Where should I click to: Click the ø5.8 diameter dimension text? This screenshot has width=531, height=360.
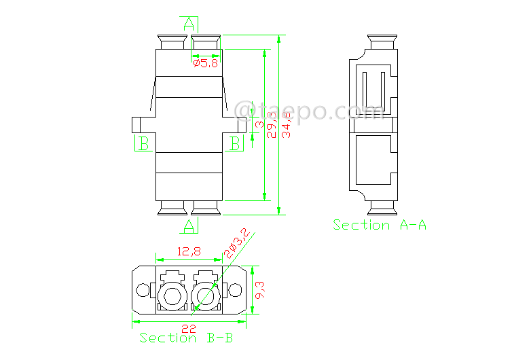point(205,64)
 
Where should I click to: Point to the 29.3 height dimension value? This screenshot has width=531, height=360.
point(272,126)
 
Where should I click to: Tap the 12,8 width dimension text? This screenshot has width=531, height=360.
point(189,251)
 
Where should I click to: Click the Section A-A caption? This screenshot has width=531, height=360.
point(380,225)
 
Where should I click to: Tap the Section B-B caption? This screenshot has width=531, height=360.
point(186,338)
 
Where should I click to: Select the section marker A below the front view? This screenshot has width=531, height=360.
point(189,224)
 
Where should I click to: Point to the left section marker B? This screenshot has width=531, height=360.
point(143,143)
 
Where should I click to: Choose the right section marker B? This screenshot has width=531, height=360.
point(235,143)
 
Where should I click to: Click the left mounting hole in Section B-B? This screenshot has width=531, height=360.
point(143,291)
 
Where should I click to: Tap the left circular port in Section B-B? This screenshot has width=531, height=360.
point(170,295)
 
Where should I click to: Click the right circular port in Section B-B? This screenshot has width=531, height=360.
point(205,295)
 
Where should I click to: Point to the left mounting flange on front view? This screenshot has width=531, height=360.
point(140,125)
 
